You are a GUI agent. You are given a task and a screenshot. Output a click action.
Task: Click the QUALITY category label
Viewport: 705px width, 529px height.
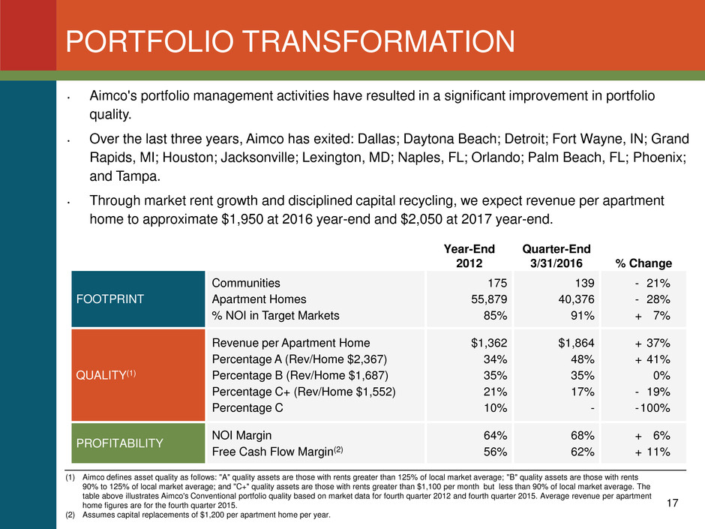pos(103,374)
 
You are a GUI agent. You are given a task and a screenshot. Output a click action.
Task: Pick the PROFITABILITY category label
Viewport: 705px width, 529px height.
pos(120,443)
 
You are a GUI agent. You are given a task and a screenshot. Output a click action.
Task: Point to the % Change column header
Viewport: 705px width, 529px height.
pos(643,263)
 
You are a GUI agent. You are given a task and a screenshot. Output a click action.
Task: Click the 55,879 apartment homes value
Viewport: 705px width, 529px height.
pos(487,299)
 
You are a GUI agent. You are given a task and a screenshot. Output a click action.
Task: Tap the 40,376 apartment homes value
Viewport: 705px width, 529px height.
pos(574,299)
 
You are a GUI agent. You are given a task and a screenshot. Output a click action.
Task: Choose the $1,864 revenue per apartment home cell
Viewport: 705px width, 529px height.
pos(575,343)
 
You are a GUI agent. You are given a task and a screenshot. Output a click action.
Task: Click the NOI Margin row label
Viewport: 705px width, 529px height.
pos(241,434)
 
